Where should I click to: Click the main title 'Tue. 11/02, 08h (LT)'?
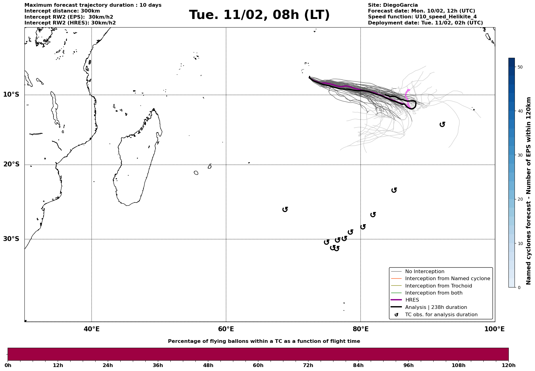[259, 15]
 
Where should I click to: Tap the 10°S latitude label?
[11, 95]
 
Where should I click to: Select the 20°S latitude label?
[11, 165]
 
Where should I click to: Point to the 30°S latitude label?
[11, 239]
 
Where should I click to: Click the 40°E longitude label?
[91, 329]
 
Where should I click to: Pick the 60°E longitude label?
[226, 329]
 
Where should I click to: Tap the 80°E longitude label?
[360, 329]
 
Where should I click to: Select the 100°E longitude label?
[494, 329]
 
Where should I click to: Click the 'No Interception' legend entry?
[424, 272]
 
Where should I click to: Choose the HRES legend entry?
[412, 300]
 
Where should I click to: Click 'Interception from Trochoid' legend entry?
[438, 286]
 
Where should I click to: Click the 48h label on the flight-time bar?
[208, 365]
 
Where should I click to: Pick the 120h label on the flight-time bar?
[508, 365]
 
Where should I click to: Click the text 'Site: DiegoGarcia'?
[393, 5]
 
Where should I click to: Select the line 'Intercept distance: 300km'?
[62, 11]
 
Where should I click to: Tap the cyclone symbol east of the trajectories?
[442, 124]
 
